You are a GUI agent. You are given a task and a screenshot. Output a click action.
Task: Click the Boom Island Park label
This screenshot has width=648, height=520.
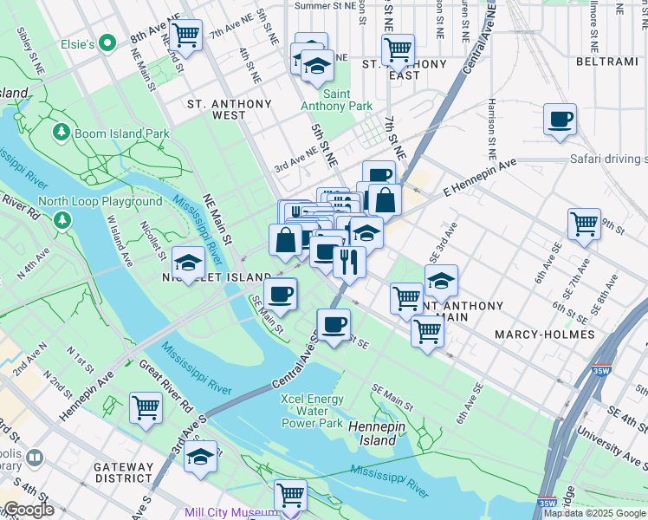121,134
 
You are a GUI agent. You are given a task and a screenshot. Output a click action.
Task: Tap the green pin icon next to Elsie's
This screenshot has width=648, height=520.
107,42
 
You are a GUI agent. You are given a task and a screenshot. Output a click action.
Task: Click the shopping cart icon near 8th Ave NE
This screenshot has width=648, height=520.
186,36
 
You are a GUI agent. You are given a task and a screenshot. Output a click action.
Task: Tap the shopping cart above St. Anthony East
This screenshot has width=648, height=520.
398,49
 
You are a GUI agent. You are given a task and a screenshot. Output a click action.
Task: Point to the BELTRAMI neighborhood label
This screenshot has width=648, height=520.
606,62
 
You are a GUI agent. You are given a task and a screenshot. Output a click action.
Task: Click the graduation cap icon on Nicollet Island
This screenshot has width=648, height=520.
188,262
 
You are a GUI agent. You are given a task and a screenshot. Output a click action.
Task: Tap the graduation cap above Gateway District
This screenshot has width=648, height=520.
200,456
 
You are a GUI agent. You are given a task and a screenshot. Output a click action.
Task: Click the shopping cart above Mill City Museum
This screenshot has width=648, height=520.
290,495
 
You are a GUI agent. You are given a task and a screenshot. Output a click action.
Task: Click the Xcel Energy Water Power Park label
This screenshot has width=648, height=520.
312,411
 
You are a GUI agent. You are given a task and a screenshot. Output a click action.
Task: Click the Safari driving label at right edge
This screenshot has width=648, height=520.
608,159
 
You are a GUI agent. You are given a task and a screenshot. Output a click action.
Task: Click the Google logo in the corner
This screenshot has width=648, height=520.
29,510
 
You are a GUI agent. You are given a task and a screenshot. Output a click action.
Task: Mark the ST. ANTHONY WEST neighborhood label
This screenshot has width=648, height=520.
230,109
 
